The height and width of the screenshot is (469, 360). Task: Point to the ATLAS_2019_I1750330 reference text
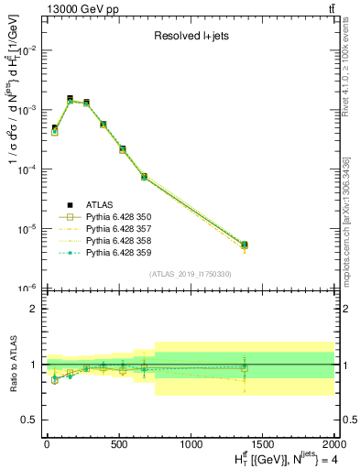[x=190, y=274]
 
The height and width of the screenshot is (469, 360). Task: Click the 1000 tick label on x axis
[x=191, y=443]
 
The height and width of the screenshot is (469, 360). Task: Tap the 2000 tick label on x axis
[x=334, y=443]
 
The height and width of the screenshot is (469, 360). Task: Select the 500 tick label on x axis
[x=118, y=443]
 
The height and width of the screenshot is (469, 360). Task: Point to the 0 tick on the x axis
[x=47, y=443]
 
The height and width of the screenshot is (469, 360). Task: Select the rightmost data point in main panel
[x=244, y=245]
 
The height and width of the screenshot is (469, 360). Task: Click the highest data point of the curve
[x=70, y=99]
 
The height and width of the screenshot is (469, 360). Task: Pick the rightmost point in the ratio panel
[x=244, y=367]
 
